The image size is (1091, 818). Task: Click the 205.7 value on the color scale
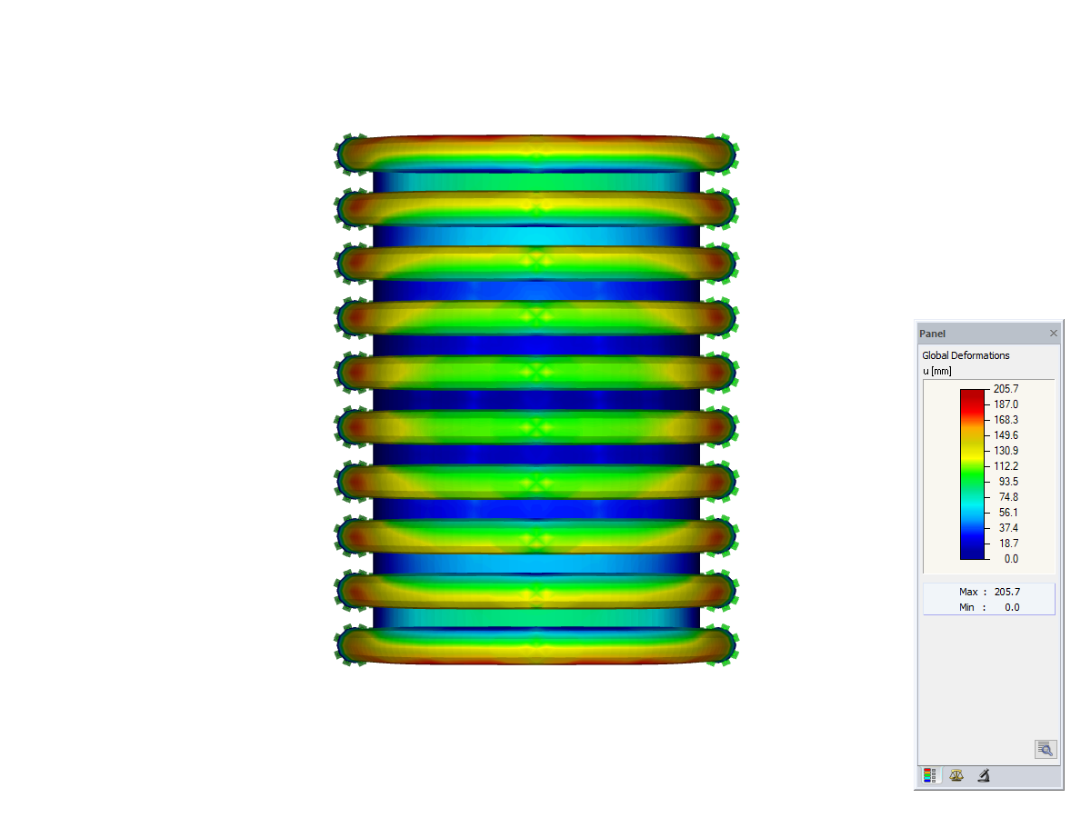[1006, 388]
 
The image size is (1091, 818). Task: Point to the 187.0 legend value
[1006, 404]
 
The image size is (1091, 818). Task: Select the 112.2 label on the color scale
[1006, 466]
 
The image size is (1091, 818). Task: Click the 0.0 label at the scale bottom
[1010, 559]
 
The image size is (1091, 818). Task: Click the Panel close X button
[1054, 334]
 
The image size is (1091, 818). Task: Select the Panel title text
[932, 334]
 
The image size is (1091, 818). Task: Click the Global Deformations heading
[966, 355]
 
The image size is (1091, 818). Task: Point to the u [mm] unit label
[936, 370]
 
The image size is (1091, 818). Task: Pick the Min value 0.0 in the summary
[1012, 607]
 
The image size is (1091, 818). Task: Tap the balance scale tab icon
[956, 776]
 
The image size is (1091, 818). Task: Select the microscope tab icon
[984, 776]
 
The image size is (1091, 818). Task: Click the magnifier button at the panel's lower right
[1045, 749]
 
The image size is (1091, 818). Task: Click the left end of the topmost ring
[350, 155]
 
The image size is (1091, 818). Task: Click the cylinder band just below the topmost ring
[536, 182]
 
